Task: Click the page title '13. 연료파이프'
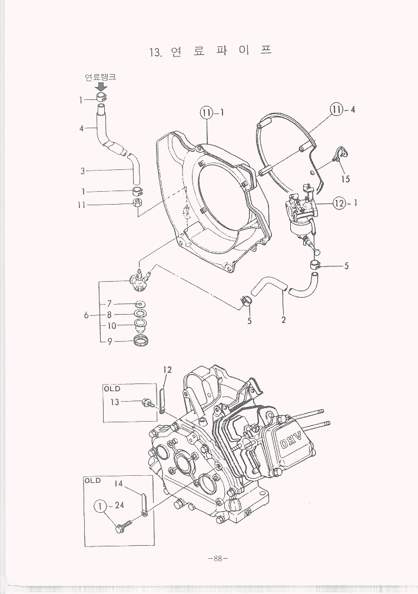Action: (211, 52)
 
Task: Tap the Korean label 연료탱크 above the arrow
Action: (100, 77)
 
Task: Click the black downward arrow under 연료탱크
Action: (101, 87)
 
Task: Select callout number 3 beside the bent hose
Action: (83, 171)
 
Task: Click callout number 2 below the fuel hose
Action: (284, 321)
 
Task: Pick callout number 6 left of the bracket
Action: (87, 315)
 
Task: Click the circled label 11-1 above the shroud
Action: (210, 113)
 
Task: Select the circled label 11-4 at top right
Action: (342, 109)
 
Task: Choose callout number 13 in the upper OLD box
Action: (115, 402)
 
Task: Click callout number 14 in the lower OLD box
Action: (118, 483)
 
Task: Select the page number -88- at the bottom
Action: (217, 559)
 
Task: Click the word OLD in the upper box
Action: (112, 389)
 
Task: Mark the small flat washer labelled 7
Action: (141, 304)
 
